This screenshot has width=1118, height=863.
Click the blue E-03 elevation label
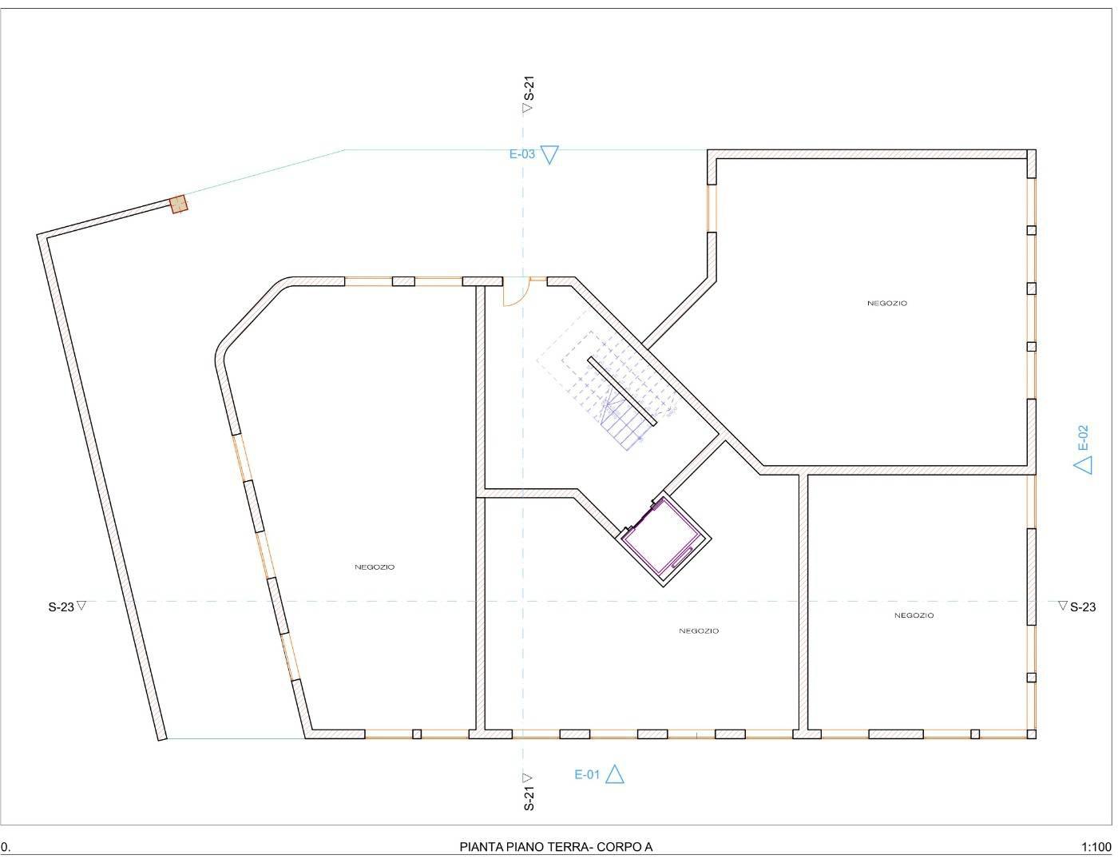pyautogui.click(x=521, y=154)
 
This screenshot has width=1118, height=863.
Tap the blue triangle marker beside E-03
pyautogui.click(x=549, y=154)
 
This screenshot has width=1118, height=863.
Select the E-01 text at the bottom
pyautogui.click(x=587, y=774)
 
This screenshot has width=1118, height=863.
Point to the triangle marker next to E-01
pyautogui.click(x=614, y=774)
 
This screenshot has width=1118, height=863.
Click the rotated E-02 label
pyautogui.click(x=1084, y=437)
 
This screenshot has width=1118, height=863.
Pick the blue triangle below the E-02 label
pyautogui.click(x=1083, y=464)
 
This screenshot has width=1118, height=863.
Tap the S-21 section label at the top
pyautogui.click(x=529, y=88)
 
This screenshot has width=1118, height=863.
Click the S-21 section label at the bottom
pyautogui.click(x=529, y=799)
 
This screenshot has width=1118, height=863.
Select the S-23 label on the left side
pyautogui.click(x=61, y=607)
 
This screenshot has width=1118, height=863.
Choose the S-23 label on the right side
pyautogui.click(x=1083, y=607)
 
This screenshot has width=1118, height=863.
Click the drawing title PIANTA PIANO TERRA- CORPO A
pyautogui.click(x=556, y=847)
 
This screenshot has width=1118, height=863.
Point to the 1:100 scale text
pyautogui.click(x=1096, y=847)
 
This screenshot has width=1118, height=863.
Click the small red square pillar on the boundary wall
pyautogui.click(x=179, y=204)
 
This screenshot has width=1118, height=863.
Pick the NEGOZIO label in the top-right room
pyautogui.click(x=887, y=303)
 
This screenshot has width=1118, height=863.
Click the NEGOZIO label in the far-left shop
pyautogui.click(x=375, y=567)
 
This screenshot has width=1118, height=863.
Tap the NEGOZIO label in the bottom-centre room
pyautogui.click(x=699, y=631)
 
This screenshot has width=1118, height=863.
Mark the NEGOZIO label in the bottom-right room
pyautogui.click(x=914, y=615)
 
